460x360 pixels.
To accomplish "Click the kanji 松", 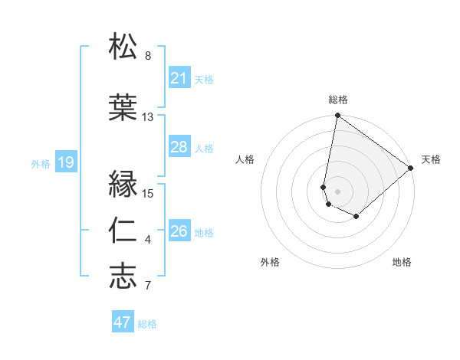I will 123,47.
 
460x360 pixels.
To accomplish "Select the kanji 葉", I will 123,107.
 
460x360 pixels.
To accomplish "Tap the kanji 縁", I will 123,184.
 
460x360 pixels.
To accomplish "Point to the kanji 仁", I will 123,231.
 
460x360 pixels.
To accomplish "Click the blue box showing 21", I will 179,78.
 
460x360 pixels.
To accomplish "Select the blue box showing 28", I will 179,147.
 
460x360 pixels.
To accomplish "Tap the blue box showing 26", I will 179,231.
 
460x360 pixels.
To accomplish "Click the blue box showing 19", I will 65,162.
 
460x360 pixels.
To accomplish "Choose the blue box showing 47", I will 123,322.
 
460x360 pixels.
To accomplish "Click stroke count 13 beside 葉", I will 148,117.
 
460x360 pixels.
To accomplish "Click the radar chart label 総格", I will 338,100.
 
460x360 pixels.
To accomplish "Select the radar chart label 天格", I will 431,159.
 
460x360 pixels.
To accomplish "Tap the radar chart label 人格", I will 245,159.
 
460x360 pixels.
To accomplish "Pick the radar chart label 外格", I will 270,262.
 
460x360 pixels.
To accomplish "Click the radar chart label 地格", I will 402,262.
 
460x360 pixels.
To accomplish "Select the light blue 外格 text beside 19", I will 41,163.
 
